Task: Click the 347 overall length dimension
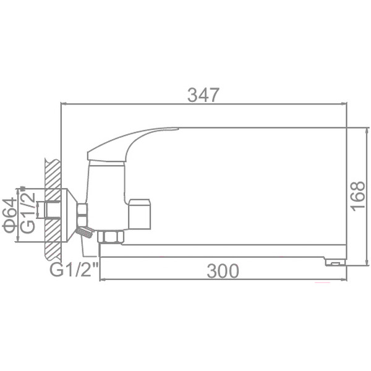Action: [x=203, y=95]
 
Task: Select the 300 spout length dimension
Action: [x=223, y=271]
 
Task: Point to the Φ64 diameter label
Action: [x=9, y=215]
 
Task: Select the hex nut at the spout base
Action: [x=113, y=236]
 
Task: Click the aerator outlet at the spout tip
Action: [x=335, y=262]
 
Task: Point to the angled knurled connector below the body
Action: [x=85, y=232]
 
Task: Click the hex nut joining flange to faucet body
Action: [x=82, y=214]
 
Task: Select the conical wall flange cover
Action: [x=70, y=210]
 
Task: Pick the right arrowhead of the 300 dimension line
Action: [x=344, y=280]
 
